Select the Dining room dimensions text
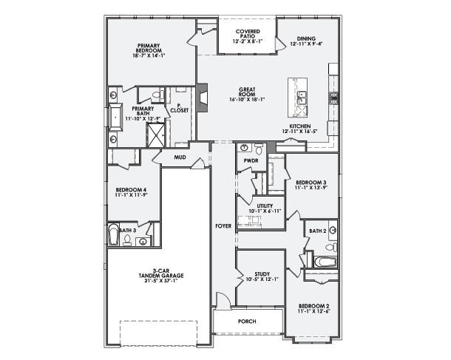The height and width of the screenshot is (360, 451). click(x=306, y=44)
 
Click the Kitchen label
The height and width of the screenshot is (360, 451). click(x=299, y=126)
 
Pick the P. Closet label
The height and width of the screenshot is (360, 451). click(x=180, y=108)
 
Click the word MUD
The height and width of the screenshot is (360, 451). click(x=180, y=157)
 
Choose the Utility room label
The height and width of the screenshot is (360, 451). click(x=265, y=206)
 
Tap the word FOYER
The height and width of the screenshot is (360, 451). click(x=223, y=225)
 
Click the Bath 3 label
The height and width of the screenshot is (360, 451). click(x=127, y=230)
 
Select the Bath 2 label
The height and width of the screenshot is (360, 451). click(x=318, y=231)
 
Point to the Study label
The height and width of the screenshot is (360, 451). click(x=262, y=275)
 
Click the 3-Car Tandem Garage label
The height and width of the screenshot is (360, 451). click(x=158, y=273)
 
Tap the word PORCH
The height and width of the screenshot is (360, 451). click(x=246, y=322)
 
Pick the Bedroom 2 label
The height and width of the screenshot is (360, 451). click(x=313, y=308)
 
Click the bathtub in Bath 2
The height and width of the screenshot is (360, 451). click(x=325, y=262)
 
